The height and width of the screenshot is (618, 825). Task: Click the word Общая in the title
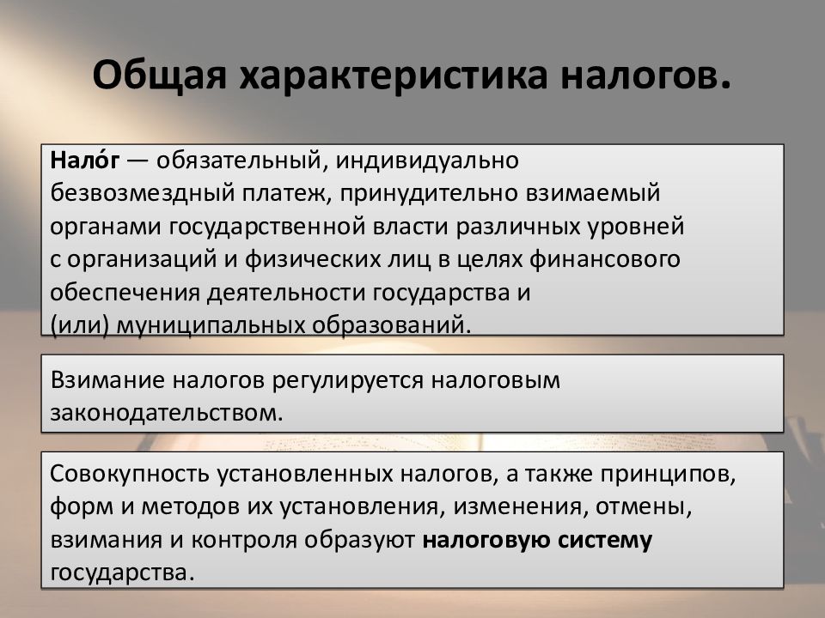click(159, 77)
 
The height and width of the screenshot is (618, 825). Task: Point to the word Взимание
click(110, 379)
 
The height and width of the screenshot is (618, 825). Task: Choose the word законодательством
click(166, 411)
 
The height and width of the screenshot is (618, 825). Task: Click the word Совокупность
click(135, 474)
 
